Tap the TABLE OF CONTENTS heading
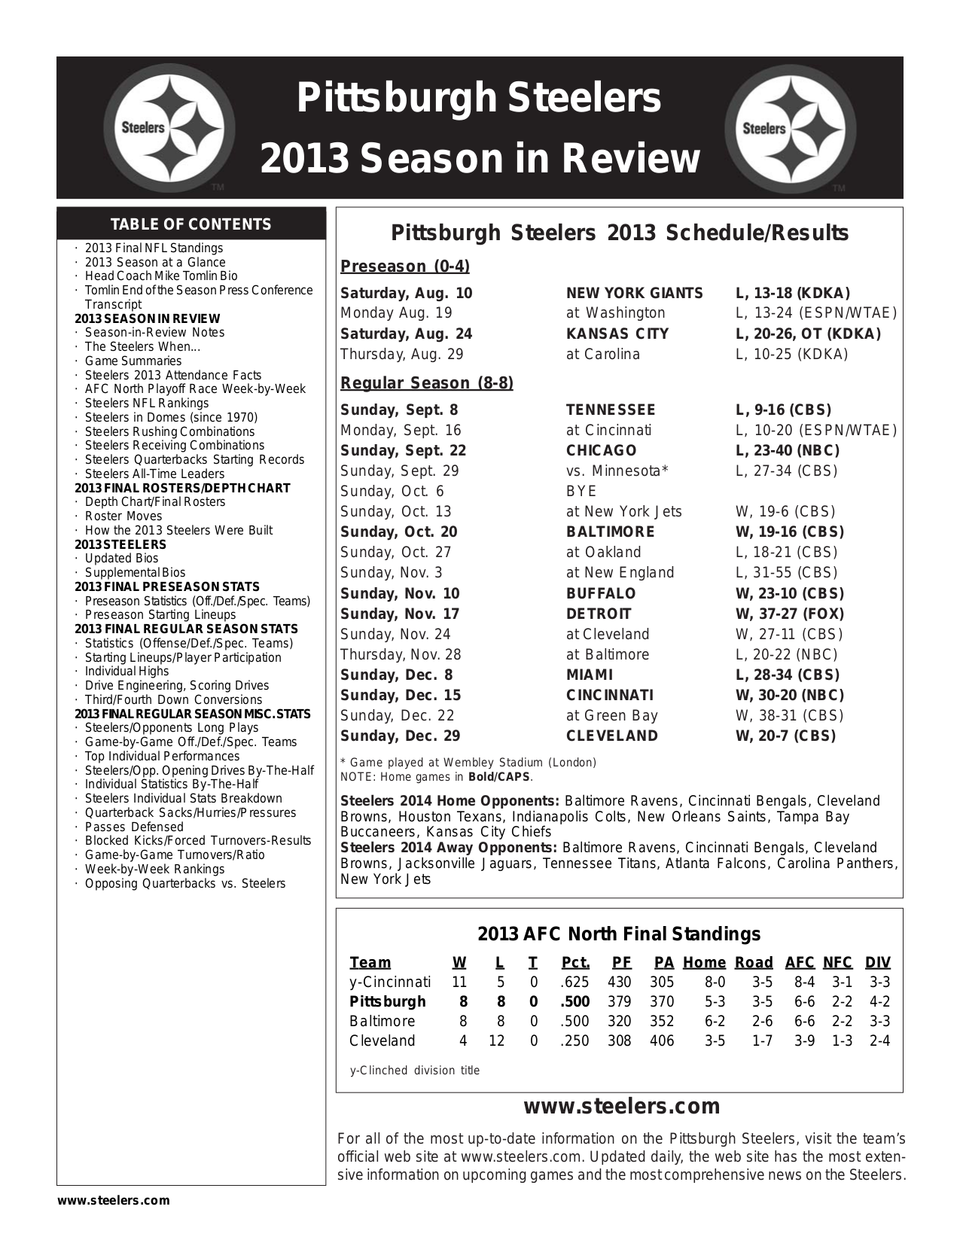190,224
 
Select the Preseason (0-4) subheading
405,267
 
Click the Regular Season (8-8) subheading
427,383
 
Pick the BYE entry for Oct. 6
581,492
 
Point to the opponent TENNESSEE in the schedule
611,410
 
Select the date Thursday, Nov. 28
401,655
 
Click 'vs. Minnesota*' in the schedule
617,471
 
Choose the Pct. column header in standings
575,962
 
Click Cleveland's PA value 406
662,1041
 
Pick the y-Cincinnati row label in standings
390,983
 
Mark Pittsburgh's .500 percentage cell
574,1002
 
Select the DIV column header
877,962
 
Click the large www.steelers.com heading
621,1106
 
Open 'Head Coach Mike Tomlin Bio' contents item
160,276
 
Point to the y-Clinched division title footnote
415,1071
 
